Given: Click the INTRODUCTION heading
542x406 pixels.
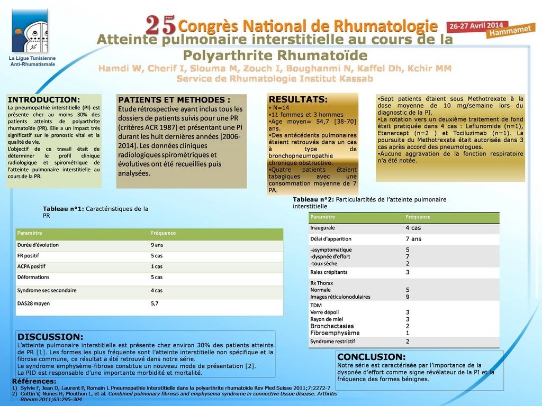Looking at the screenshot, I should pyautogui.click(x=44, y=99).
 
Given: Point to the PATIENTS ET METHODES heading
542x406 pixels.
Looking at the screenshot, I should pyautogui.click(x=174, y=100).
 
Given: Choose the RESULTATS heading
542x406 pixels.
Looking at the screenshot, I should pyautogui.click(x=298, y=99).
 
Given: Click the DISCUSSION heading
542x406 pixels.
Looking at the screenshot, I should pyautogui.click(x=50, y=337).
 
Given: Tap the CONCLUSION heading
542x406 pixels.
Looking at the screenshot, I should pyautogui.click(x=371, y=357).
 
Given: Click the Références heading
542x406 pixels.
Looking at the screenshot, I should pyautogui.click(x=34, y=381).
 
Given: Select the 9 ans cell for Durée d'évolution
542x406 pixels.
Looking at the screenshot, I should pyautogui.click(x=157, y=245).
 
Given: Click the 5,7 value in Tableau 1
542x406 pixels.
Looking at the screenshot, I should pyautogui.click(x=155, y=304).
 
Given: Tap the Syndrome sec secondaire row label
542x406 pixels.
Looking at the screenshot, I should pyautogui.click(x=47, y=290).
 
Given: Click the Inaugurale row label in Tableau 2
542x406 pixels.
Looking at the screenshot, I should pyautogui.click(x=322, y=228).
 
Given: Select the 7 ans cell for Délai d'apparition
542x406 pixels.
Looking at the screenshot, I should pyautogui.click(x=413, y=239).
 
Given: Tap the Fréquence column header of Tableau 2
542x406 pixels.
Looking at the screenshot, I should pyautogui.click(x=418, y=217).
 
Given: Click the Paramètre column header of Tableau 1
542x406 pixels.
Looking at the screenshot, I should pyautogui.click(x=30, y=233).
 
